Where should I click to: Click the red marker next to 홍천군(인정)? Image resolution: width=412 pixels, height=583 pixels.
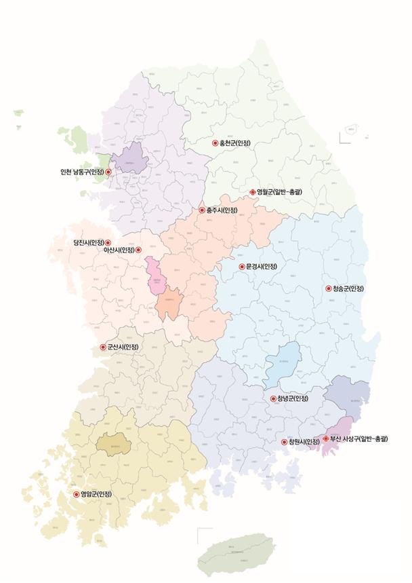(x=215, y=143)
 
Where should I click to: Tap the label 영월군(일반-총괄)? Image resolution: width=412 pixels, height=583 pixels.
(x=279, y=193)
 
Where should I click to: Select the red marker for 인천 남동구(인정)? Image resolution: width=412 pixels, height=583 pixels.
(x=108, y=172)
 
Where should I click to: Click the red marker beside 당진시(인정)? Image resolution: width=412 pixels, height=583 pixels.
(x=108, y=243)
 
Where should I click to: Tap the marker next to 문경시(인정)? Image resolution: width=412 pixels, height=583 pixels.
(x=241, y=266)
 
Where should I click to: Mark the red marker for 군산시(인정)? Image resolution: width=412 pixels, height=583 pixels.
(x=103, y=347)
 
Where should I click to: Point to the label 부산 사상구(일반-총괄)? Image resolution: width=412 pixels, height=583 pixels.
(x=359, y=439)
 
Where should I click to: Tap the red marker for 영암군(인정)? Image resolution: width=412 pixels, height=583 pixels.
(x=76, y=495)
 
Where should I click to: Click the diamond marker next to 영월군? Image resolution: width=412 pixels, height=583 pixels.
(x=252, y=193)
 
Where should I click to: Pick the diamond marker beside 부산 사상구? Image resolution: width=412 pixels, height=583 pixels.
(x=325, y=439)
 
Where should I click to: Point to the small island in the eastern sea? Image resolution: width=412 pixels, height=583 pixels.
(x=351, y=128)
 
